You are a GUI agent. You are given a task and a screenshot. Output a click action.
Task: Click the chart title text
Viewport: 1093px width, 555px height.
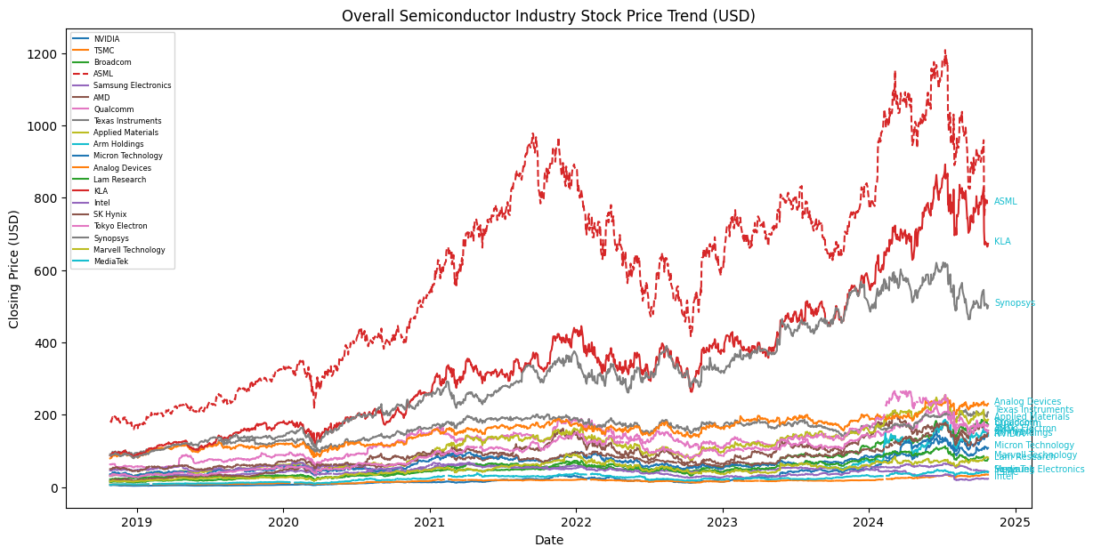click(548, 16)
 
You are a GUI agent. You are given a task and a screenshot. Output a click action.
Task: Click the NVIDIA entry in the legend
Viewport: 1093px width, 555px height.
click(106, 39)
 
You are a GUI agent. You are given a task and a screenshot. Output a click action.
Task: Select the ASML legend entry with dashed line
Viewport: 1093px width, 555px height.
click(103, 74)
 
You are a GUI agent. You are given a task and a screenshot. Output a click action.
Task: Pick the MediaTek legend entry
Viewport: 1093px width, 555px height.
click(110, 261)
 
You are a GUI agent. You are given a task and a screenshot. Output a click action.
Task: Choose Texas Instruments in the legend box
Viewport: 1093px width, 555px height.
click(127, 121)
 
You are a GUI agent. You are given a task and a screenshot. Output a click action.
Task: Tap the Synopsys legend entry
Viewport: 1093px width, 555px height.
click(111, 238)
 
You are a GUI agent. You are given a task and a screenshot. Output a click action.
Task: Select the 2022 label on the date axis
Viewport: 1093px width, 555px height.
click(576, 522)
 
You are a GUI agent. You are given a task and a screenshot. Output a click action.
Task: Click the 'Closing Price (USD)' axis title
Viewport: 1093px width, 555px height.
click(15, 269)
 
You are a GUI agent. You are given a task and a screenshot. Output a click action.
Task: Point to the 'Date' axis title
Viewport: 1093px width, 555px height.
click(548, 541)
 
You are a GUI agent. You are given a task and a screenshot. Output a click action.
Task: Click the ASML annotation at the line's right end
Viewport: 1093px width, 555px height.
click(1005, 202)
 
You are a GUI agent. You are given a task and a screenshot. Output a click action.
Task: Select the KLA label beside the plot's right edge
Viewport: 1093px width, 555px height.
click(1002, 242)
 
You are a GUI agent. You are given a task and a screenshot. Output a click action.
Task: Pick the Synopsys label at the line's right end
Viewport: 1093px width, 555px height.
click(1014, 303)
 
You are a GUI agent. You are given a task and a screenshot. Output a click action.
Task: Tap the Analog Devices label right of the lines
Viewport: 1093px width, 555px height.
click(1027, 402)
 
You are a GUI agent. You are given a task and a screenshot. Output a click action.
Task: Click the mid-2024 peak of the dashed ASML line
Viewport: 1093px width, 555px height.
click(944, 52)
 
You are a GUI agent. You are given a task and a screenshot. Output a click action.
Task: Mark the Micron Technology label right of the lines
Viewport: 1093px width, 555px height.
click(1033, 446)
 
